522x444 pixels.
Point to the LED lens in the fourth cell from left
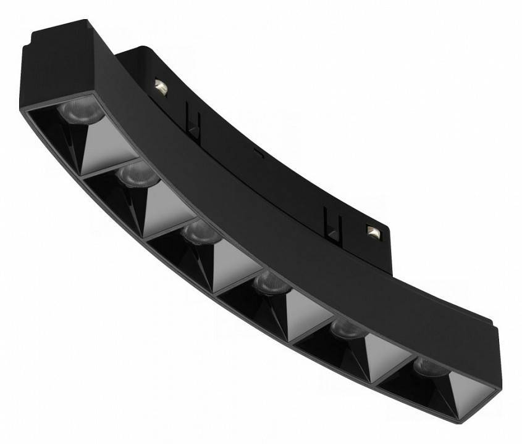pos(271,282)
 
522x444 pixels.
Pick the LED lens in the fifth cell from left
pos(346,328)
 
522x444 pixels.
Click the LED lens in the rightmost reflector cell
pos(429,366)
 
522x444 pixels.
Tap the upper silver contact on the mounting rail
pos(161,87)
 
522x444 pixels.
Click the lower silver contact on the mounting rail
pos(373,231)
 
